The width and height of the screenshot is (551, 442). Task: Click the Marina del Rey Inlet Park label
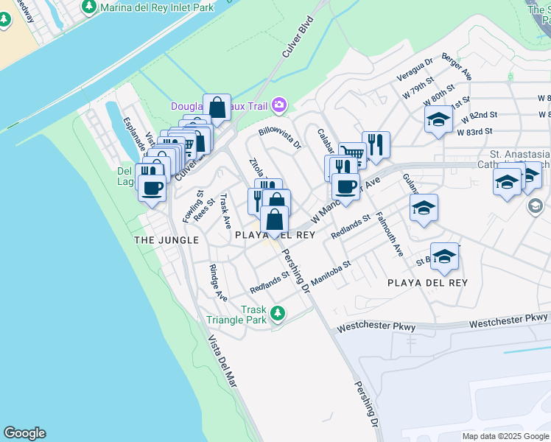click(156, 7)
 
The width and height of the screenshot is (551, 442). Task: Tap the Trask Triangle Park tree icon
click(278, 315)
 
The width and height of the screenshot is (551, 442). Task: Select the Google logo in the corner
click(24, 433)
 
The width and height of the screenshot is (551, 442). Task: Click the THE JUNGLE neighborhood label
click(166, 240)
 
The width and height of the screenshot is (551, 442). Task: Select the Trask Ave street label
click(225, 206)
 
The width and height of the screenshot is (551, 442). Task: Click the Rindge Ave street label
click(218, 282)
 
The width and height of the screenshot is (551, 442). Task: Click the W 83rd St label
click(474, 132)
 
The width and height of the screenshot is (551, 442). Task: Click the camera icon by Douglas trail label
click(279, 106)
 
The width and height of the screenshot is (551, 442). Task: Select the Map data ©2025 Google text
click(505, 436)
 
